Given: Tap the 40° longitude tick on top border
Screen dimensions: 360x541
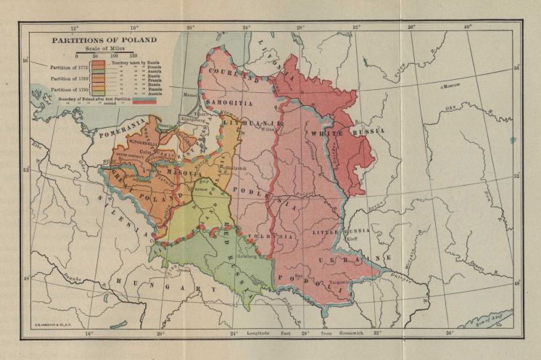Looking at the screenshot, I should (468, 27).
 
